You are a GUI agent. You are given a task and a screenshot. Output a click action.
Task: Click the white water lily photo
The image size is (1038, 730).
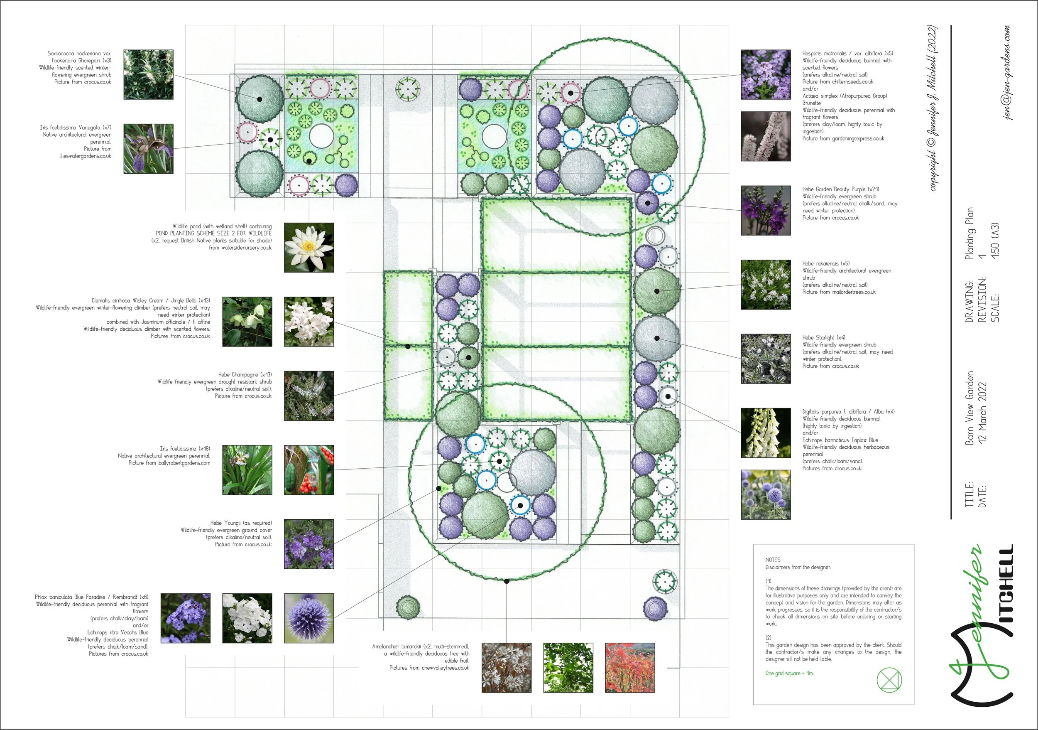pos(309,247)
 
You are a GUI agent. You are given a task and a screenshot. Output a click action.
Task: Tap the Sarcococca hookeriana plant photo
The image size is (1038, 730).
pos(148,75)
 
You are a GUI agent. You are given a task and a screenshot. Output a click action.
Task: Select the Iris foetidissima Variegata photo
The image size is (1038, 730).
pos(148,149)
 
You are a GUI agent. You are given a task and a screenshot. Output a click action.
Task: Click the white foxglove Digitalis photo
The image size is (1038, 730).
pos(766,433)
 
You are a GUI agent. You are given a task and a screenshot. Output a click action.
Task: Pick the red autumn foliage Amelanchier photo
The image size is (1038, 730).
pos(630,668)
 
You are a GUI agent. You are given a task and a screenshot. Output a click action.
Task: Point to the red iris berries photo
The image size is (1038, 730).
pos(309,470)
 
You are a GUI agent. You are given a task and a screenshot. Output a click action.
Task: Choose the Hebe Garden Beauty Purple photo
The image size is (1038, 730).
pos(766,210)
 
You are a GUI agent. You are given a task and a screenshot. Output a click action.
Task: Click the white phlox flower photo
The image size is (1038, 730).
pos(247,618)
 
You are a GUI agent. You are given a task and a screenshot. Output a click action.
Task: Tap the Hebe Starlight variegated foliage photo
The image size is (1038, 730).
pos(766,359)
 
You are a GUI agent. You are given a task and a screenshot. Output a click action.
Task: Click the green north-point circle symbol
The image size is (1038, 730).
pos(889,680)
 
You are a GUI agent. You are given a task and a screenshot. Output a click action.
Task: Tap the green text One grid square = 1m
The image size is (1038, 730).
pos(789,673)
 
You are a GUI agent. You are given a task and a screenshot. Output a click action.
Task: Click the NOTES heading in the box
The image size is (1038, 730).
pos(773,560)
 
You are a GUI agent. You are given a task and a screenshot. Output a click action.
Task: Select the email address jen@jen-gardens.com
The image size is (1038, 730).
pos(1006,72)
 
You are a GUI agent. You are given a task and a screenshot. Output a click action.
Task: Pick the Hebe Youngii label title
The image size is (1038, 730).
pos(241,523)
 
